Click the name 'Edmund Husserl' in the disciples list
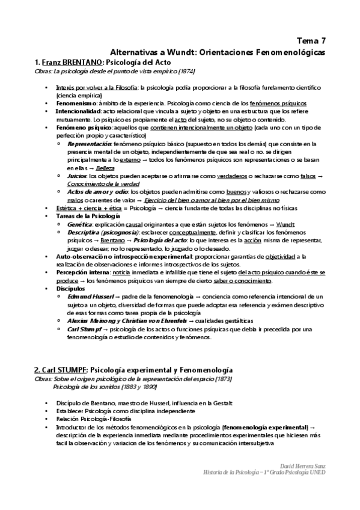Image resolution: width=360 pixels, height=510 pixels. tap(89, 296)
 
